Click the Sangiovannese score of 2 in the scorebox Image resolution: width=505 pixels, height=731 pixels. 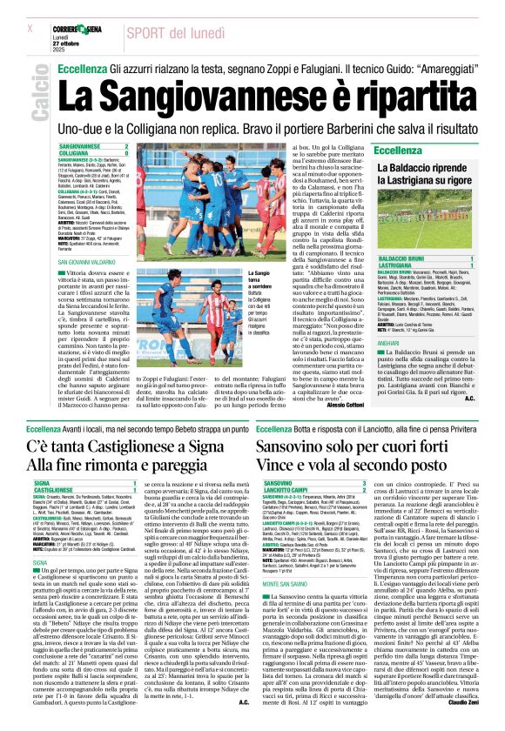pyautogui.click(x=126, y=146)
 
